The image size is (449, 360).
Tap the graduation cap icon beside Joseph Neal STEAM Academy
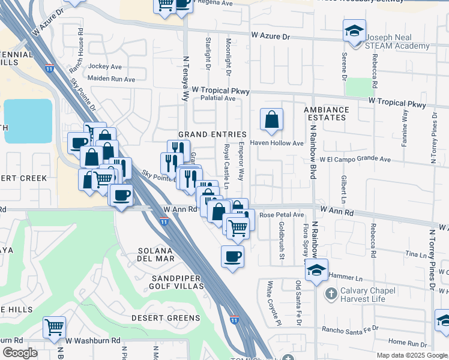[354, 30]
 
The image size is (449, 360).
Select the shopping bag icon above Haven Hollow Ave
[271, 119]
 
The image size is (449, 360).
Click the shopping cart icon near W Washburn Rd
[54, 328]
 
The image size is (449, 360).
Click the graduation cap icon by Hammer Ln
[316, 270]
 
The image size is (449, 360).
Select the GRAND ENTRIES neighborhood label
[212, 134]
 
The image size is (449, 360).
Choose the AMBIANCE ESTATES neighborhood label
[326, 114]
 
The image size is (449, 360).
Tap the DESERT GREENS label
[166, 318]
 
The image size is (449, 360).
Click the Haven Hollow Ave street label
[277, 143]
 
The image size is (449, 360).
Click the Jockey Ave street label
[105, 67]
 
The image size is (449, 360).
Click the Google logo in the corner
[20, 353]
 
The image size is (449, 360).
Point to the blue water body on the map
[28, 121]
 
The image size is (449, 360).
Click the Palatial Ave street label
[217, 98]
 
